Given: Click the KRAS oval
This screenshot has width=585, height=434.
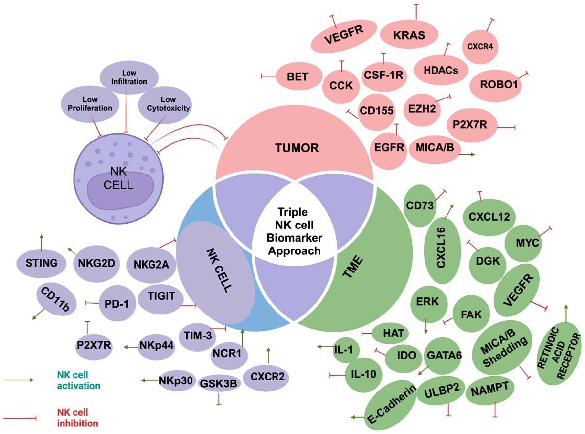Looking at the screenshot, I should [x=409, y=35].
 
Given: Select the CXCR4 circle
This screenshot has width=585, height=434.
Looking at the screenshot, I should [x=480, y=47].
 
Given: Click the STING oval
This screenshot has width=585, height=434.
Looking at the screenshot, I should [x=41, y=263].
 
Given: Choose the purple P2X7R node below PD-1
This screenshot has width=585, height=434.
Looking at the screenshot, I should [x=94, y=346].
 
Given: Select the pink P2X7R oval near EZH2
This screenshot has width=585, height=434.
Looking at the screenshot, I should [x=470, y=125].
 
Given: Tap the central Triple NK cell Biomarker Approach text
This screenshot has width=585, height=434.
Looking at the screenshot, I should [x=294, y=231].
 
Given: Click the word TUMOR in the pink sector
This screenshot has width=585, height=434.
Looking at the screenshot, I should [x=297, y=148].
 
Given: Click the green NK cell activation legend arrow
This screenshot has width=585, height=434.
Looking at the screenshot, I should [x=18, y=380].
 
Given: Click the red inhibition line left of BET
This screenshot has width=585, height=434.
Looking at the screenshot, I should [x=268, y=76].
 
